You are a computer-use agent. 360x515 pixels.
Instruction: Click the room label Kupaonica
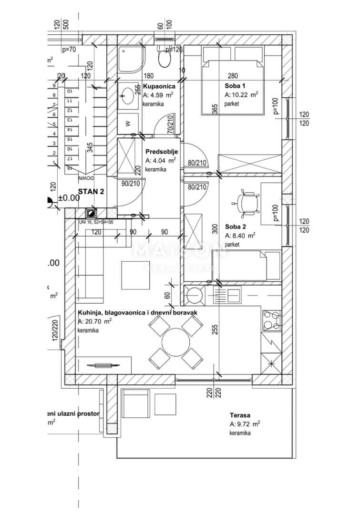click(x=159, y=87)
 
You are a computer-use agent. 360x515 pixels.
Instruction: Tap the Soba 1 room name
click(x=236, y=86)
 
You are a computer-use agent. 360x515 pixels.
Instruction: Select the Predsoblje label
click(x=162, y=152)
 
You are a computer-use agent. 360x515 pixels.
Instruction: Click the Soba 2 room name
click(x=236, y=227)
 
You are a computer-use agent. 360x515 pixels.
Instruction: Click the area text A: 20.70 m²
click(x=95, y=322)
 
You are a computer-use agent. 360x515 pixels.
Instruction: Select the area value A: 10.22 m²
click(x=241, y=95)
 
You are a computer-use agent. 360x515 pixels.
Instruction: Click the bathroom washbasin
click(x=127, y=95)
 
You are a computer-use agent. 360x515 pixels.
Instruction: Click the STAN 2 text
click(x=91, y=192)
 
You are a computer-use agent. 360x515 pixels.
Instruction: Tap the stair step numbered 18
click(x=70, y=168)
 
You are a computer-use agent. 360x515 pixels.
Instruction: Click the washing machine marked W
click(x=128, y=123)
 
